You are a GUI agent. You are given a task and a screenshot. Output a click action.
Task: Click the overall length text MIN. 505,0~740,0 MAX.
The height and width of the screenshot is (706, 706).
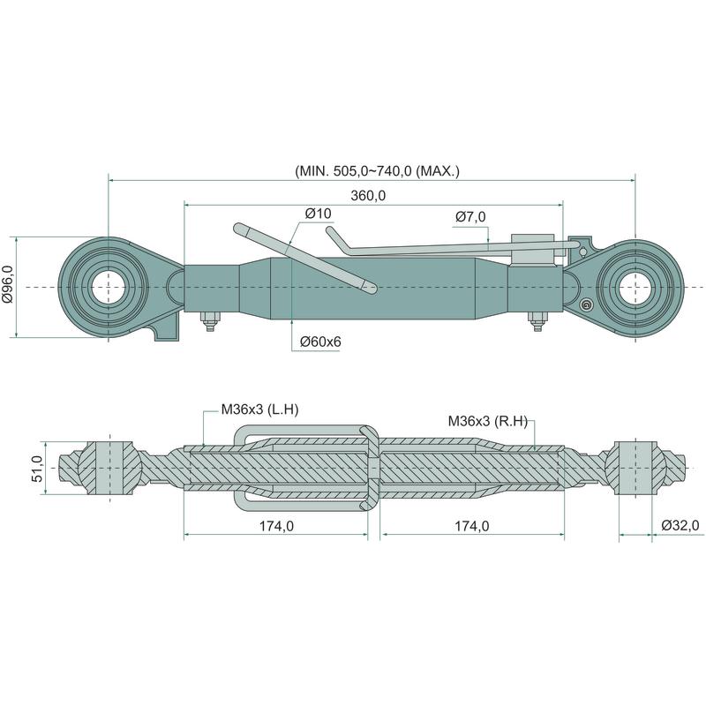pyautogui.click(x=377, y=171)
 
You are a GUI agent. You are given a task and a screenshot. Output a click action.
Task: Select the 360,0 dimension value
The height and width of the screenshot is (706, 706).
pyautogui.click(x=368, y=195)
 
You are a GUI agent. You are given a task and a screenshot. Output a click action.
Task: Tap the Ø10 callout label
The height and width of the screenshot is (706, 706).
pyautogui.click(x=318, y=214)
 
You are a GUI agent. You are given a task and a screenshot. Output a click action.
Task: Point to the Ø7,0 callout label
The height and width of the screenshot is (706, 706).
pyautogui.click(x=471, y=217)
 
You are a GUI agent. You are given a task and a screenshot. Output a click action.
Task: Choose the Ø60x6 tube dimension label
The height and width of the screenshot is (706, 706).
pyautogui.click(x=319, y=342)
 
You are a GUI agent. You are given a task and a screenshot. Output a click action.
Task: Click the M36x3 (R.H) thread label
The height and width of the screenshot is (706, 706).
pyautogui.click(x=487, y=421)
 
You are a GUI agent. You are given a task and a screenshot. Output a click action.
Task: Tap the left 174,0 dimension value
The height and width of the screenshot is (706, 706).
pyautogui.click(x=276, y=526)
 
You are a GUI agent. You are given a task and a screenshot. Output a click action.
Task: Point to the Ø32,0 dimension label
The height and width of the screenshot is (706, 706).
pyautogui.click(x=680, y=526)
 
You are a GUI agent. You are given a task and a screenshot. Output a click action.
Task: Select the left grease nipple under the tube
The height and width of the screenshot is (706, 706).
pyautogui.click(x=209, y=323)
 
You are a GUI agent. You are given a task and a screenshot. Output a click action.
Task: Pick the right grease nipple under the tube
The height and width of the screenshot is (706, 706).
pyautogui.click(x=535, y=323)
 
